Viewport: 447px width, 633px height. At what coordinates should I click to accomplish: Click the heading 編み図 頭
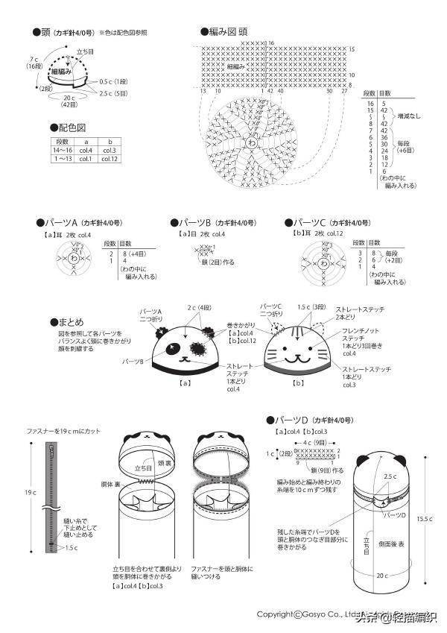point(227,32)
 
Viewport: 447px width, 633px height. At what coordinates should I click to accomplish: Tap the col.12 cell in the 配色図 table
point(110,158)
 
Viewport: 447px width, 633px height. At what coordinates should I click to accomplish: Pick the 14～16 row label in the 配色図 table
point(62,150)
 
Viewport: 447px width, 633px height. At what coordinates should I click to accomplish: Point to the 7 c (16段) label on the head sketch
point(34,62)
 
